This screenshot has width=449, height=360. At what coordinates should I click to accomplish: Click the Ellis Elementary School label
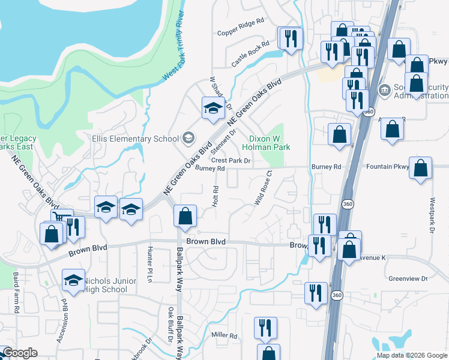[135, 139]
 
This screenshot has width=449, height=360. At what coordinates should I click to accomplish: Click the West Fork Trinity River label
[173, 45]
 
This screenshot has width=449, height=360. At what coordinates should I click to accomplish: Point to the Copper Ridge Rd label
[241, 35]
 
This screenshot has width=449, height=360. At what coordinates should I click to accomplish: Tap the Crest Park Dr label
[231, 161]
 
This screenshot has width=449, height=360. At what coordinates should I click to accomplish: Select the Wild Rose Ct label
[263, 188]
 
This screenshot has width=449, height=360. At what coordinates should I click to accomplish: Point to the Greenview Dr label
[408, 278]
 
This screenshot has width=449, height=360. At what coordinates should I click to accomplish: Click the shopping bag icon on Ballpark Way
[185, 215]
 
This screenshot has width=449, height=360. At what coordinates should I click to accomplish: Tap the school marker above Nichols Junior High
[73, 280]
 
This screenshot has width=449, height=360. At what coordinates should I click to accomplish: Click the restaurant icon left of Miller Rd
[265, 328]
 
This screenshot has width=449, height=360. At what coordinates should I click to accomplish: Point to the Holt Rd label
[215, 197]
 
